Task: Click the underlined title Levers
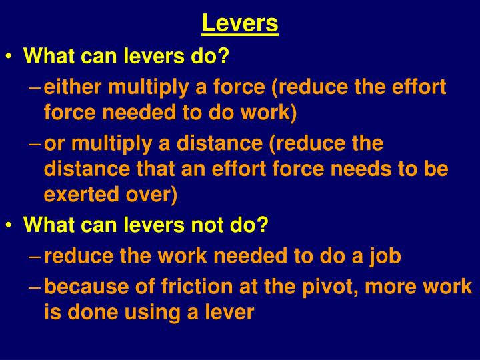(240, 24)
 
